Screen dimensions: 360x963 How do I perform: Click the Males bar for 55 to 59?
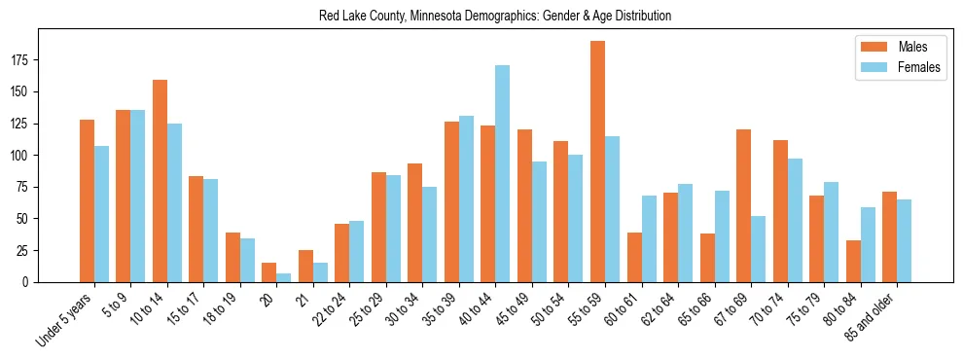point(597,162)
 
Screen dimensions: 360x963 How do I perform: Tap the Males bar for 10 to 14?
point(160,181)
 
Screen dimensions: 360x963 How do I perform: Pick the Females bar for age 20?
point(283,277)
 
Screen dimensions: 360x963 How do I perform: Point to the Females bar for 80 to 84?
point(868,244)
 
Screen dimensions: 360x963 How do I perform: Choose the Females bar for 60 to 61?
point(649,238)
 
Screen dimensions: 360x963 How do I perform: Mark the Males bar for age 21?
point(305,266)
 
